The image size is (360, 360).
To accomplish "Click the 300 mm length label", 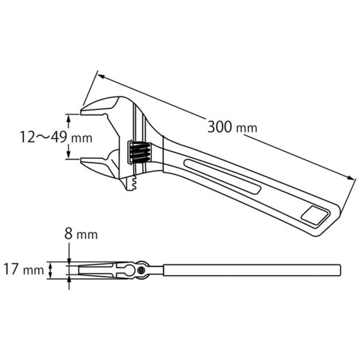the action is pyautogui.click(x=232, y=127).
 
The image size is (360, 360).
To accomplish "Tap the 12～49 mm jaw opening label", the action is pyautogui.click(x=56, y=137).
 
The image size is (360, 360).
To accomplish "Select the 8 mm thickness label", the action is pyautogui.click(x=81, y=234).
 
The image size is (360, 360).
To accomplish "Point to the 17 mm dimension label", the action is pyautogui.click(x=24, y=269).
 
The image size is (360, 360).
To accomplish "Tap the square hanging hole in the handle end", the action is pyautogui.click(x=315, y=215).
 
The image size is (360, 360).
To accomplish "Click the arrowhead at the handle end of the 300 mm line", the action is pyautogui.click(x=351, y=178).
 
